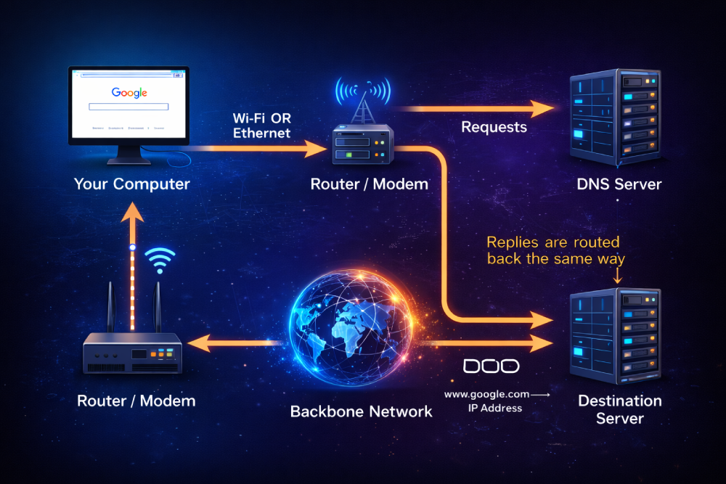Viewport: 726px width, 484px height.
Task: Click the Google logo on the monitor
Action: coord(129,93)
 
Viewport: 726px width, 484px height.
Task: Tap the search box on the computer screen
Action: coord(129,107)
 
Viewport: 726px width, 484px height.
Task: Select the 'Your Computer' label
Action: coord(131,184)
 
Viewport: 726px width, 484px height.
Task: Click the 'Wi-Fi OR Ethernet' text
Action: coord(261,125)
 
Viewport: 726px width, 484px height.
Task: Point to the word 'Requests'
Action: coord(494,127)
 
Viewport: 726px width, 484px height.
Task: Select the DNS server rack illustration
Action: coord(615,116)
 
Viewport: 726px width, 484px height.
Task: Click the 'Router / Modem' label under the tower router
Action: coord(369,184)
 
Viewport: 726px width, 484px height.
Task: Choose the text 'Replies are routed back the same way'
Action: coord(552,250)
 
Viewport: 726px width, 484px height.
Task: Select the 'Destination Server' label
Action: coord(619,409)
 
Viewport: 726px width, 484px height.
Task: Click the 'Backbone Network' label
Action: coord(361,411)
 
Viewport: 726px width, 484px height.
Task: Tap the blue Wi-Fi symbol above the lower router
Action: coord(160,261)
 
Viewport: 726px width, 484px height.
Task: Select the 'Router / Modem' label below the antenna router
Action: coord(136,400)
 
